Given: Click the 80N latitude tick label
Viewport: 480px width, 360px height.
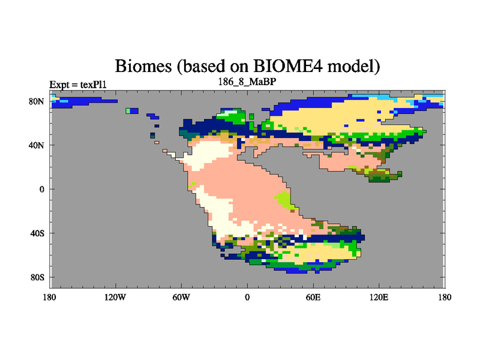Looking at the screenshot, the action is pyautogui.click(x=37, y=101).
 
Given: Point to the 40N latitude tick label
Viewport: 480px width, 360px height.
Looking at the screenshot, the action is pyautogui.click(x=37, y=145).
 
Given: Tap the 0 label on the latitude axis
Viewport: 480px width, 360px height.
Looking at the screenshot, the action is pyautogui.click(x=41, y=189).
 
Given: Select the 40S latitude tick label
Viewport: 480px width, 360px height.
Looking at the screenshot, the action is pyautogui.click(x=37, y=233).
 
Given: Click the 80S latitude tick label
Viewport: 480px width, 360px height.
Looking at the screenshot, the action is pyautogui.click(x=37, y=277).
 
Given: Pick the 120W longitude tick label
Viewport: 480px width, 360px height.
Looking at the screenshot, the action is pyautogui.click(x=115, y=297).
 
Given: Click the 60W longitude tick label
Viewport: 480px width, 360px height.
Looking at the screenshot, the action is pyautogui.click(x=181, y=297).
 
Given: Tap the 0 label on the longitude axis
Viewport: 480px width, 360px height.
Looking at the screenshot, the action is pyautogui.click(x=247, y=297).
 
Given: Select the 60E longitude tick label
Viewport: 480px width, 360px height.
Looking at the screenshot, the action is pyautogui.click(x=313, y=297).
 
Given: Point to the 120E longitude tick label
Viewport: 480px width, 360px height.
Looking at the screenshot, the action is pyautogui.click(x=379, y=297).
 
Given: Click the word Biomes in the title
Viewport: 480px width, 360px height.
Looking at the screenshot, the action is pyautogui.click(x=143, y=66).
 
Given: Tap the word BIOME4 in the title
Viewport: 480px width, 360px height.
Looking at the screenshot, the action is pyautogui.click(x=288, y=65).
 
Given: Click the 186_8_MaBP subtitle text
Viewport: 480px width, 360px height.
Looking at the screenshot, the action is pyautogui.click(x=247, y=82).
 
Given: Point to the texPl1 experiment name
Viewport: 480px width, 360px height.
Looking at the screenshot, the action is pyautogui.click(x=94, y=85).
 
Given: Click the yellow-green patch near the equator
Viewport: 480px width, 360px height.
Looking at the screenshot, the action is pyautogui.click(x=286, y=200).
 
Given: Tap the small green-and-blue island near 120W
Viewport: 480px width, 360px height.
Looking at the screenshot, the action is pyautogui.click(x=132, y=111).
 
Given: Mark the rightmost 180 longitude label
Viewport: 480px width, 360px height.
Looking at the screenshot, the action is pyautogui.click(x=445, y=297).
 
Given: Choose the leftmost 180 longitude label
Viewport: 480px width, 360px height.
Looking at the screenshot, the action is pyautogui.click(x=50, y=297).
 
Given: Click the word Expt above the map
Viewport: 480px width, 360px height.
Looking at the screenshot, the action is pyautogui.click(x=59, y=85).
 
